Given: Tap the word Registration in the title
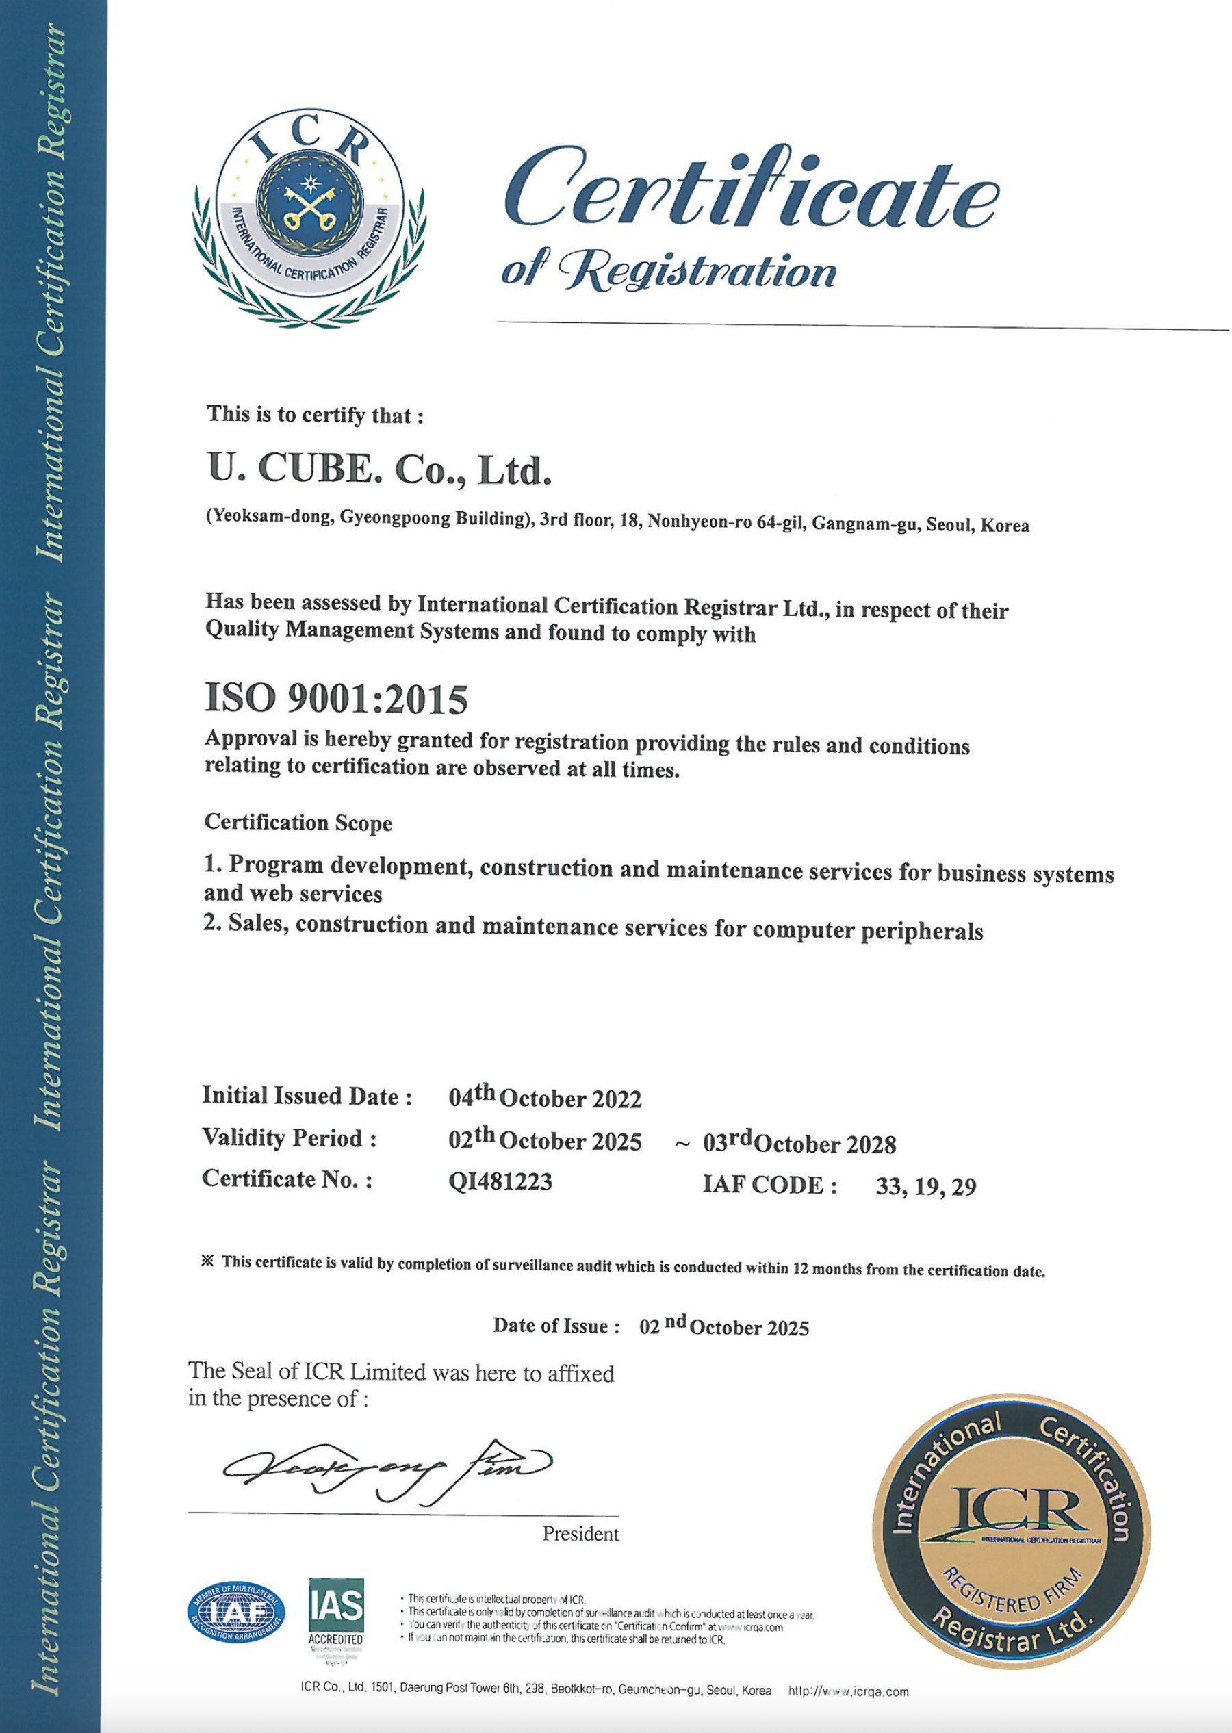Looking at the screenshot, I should point(698,272).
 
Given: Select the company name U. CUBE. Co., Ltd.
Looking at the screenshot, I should point(378,470).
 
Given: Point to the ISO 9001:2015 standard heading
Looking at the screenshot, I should point(336,699).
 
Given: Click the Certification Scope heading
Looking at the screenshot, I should point(298,823).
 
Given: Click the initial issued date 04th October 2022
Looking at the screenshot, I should point(545,1097).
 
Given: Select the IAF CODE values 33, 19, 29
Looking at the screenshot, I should point(925,1186).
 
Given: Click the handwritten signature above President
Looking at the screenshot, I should point(387,1471).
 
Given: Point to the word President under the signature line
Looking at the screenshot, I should point(580,1535).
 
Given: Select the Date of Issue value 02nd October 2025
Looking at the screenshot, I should point(723,1326).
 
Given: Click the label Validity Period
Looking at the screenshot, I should point(289,1138).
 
